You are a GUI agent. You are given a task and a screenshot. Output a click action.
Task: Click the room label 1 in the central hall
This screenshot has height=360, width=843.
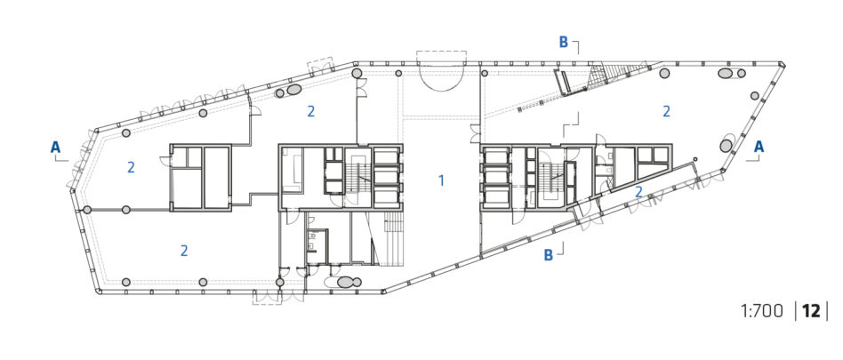coord(441,180)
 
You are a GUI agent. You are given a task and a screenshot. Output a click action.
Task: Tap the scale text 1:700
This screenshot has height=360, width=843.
coord(761,311)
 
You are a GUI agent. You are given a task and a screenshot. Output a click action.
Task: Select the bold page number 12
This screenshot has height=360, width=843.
coord(811,311)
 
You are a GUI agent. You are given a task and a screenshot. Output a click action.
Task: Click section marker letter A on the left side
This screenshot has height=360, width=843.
coord(55,147)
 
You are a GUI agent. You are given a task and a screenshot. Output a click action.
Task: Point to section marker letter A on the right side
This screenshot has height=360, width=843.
coord(759,146)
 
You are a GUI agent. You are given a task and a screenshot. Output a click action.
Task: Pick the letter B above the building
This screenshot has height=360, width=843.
coord(564,43)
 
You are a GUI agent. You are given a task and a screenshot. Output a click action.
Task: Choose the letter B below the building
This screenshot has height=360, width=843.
coord(548,255)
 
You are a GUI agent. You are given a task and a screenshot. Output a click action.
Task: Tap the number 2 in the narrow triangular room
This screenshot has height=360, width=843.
coord(638,191)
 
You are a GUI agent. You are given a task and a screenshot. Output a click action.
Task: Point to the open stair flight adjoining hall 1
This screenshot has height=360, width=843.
coord(392,238)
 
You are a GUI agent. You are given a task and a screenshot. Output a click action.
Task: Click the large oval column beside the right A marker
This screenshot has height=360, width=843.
coord(726,146)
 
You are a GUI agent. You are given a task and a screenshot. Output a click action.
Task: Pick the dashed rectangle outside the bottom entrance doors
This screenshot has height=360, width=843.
coord(267,299)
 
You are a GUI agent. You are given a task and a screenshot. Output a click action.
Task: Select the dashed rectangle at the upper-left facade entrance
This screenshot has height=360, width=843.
coord(320,64)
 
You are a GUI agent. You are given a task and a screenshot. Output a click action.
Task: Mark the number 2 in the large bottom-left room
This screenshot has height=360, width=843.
coord(184,251)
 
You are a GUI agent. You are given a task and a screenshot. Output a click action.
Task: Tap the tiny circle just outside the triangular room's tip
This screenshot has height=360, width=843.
coord(695,159)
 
